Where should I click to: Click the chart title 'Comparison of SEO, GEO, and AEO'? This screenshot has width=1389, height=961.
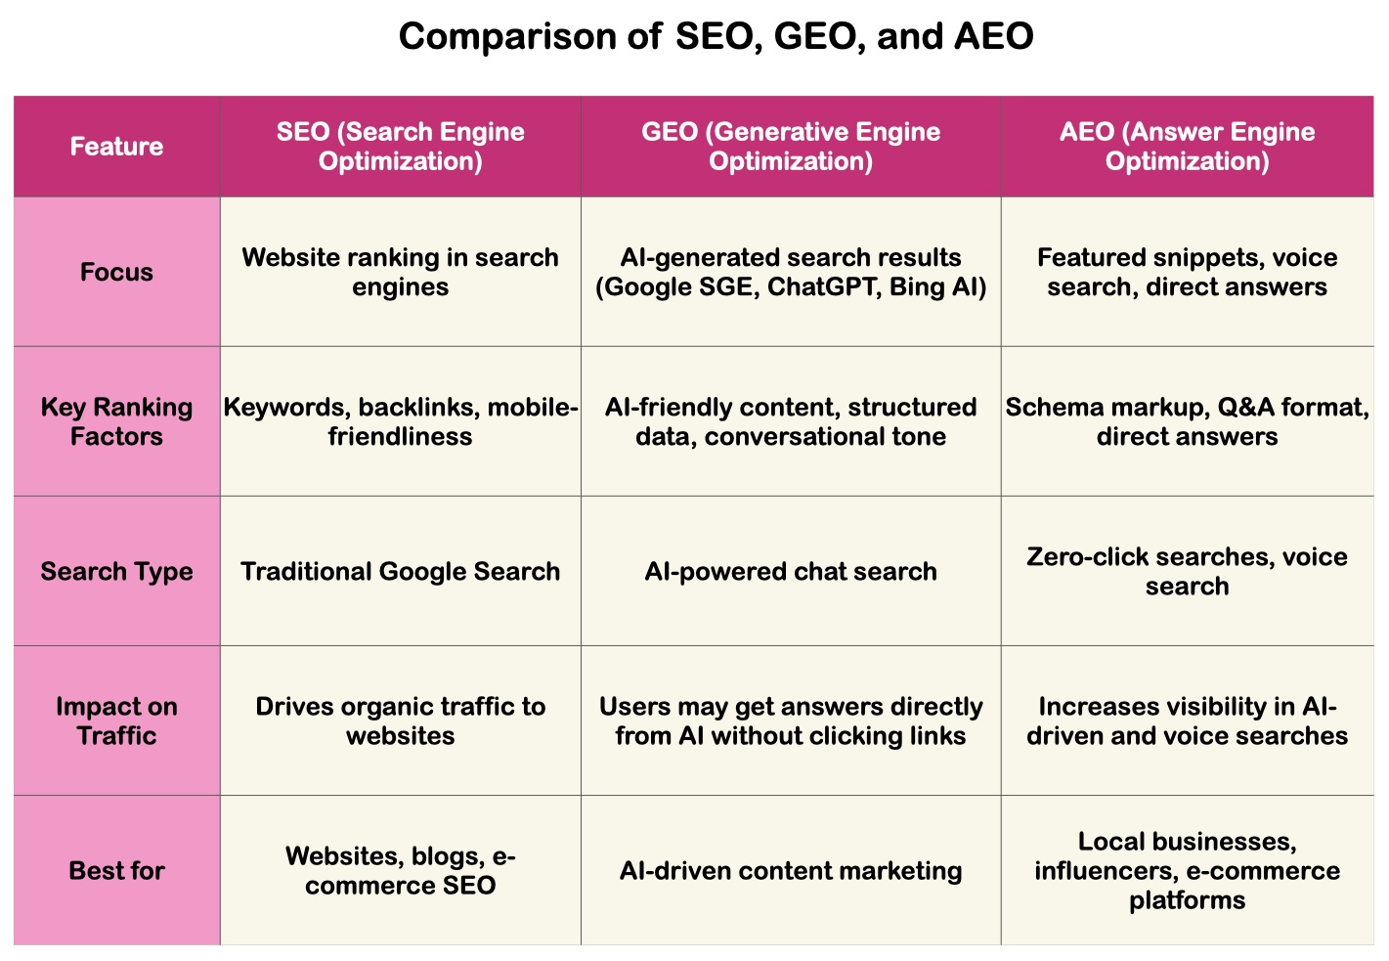(x=716, y=37)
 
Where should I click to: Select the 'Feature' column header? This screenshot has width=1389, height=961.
(x=116, y=147)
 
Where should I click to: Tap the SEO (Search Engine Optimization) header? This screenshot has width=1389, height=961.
(x=400, y=147)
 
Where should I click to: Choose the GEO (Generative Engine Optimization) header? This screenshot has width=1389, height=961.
(x=790, y=147)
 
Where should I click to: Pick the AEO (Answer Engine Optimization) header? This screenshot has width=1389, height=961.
(x=1187, y=147)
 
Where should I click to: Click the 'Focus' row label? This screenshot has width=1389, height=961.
(x=116, y=272)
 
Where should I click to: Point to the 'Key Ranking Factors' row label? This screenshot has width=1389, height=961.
(x=116, y=421)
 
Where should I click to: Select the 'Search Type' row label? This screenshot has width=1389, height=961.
(x=116, y=571)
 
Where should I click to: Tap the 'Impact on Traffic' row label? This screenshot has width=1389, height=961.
(x=116, y=721)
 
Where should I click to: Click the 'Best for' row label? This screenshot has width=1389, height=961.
(x=116, y=870)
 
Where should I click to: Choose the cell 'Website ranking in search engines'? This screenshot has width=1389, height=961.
(x=400, y=272)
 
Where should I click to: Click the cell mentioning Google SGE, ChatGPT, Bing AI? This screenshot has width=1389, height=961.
(x=790, y=272)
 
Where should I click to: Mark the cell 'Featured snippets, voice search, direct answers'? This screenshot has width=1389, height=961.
(x=1187, y=272)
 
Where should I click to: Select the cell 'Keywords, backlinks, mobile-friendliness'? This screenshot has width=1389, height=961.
(x=400, y=421)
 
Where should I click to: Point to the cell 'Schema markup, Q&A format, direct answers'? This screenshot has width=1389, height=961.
(x=1187, y=421)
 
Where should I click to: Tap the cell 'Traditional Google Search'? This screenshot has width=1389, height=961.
(x=400, y=571)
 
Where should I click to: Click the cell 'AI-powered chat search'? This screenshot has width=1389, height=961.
(x=790, y=571)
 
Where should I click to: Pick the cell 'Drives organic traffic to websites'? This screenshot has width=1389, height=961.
(x=400, y=721)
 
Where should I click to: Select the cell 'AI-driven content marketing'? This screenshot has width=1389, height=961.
(x=790, y=870)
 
